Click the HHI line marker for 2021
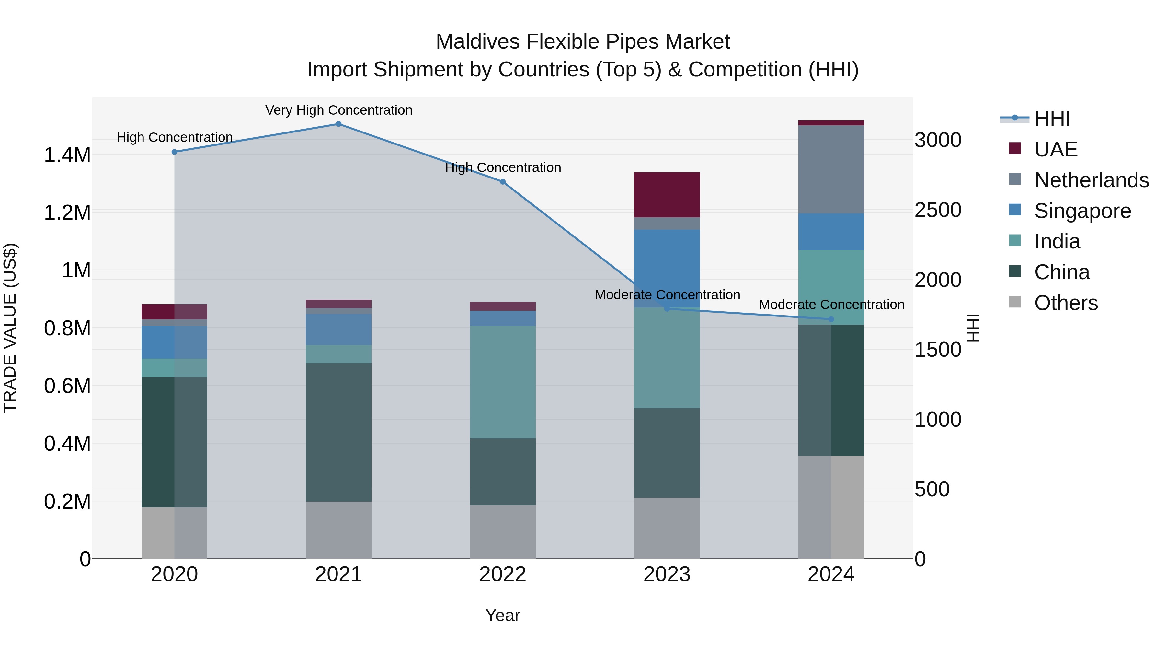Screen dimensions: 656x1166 coord(338,124)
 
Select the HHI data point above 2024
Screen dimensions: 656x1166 coord(831,319)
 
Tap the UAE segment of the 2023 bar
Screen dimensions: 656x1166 coord(667,195)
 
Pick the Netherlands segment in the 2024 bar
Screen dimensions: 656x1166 coord(831,169)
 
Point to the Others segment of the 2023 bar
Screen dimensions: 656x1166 coord(667,528)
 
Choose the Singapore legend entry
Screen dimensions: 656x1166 coord(1082,211)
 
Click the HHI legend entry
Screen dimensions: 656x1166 coord(1052,119)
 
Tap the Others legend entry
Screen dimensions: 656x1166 coord(1066,303)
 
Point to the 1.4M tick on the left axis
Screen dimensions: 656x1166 coord(67,155)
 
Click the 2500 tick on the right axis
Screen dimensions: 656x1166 coord(938,210)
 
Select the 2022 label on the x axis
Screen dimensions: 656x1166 coord(502,574)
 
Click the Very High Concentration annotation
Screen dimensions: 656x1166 coord(338,110)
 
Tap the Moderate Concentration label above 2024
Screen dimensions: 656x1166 coord(831,305)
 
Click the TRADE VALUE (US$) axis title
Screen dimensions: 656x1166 coord(10,328)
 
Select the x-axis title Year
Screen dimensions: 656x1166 coord(502,615)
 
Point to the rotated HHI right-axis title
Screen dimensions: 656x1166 coord(973,328)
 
